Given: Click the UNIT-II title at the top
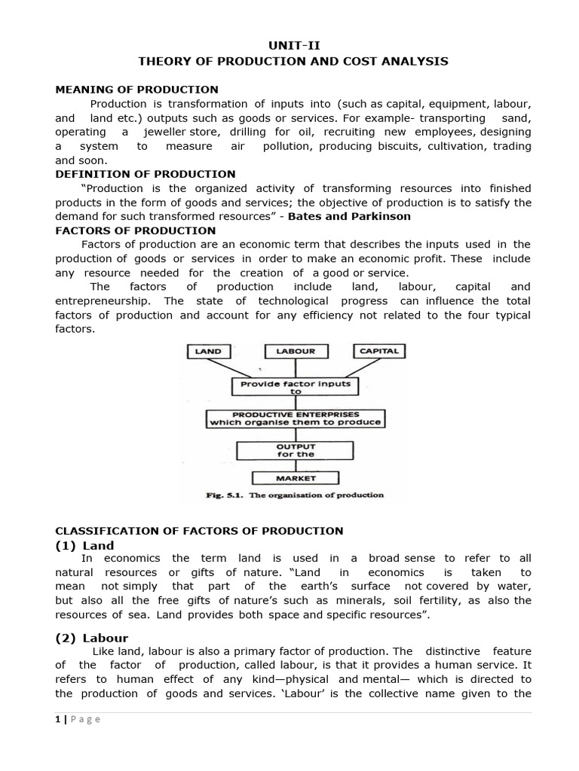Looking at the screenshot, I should pos(290,45).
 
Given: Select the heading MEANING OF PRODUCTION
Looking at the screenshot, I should pos(136,90).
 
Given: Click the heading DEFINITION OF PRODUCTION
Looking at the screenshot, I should pos(146,174).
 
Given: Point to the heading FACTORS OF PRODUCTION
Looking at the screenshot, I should pos(136,230).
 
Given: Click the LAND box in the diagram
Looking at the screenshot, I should pos(208,351).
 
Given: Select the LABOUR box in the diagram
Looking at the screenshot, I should pos(296,351).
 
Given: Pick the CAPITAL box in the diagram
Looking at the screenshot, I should pos(379,351).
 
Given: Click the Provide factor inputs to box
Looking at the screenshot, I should pos(295,387).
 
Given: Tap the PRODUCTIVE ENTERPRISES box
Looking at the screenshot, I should pos(295,419).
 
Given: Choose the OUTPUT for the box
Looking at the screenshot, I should pos(295,449).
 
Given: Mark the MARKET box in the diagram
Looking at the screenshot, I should pos(295,477).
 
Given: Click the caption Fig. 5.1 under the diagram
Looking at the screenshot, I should pos(295,495).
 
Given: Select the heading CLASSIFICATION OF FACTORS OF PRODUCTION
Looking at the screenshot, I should pos(199,531).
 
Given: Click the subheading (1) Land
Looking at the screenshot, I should pos(84,545).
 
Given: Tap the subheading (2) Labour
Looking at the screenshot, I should pos(91,638).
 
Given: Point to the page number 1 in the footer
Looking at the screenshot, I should pos(57,719).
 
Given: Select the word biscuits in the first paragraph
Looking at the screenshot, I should pos(393,146).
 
